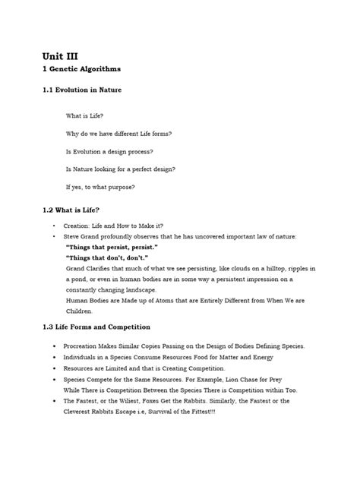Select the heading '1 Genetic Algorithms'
(x=84, y=69)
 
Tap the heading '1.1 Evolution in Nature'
(x=81, y=90)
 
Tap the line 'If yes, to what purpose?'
(x=100, y=186)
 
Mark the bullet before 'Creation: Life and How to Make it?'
(x=54, y=227)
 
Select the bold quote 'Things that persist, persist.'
(x=112, y=248)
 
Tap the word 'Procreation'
(x=85, y=346)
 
